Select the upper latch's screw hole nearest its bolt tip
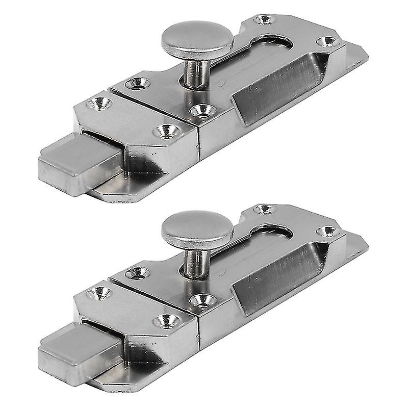coord(100,104)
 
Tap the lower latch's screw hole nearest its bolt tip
coord(100,293)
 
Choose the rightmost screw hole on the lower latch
coord(327,231)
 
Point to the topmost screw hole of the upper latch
coord(265,19)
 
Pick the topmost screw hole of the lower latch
coord(265,209)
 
